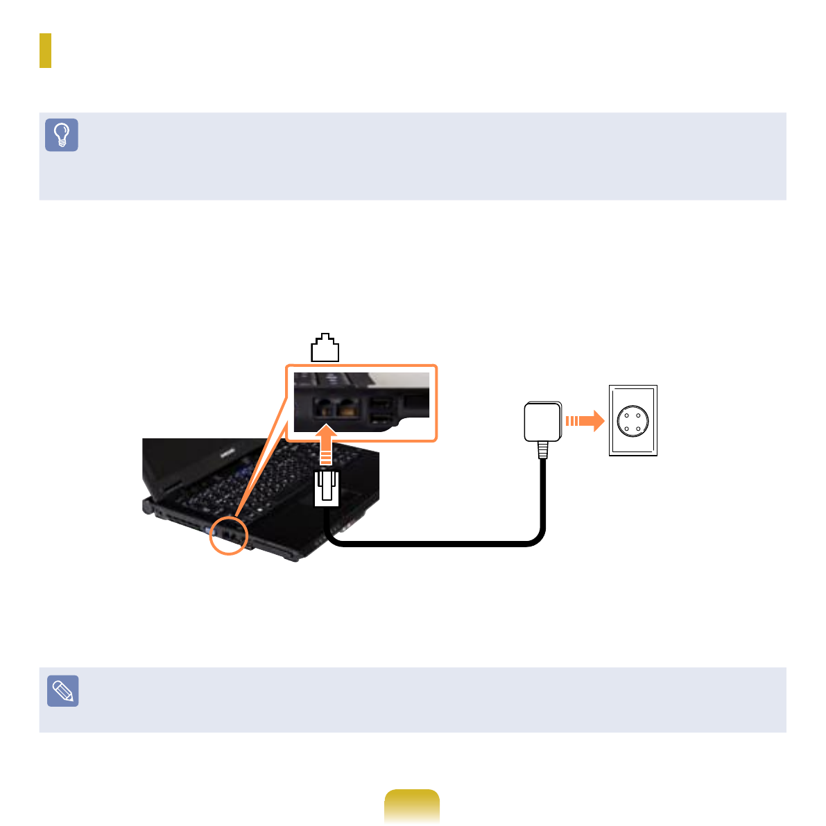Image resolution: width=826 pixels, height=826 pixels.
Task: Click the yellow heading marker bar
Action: [x=45, y=51]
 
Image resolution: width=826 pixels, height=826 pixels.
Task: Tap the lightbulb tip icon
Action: [x=62, y=135]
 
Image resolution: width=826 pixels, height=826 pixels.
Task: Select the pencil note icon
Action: [x=62, y=691]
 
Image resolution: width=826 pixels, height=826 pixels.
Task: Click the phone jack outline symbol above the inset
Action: [x=325, y=348]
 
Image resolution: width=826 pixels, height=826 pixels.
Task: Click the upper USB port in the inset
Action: [x=379, y=403]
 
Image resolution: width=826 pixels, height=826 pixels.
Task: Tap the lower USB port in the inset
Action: [x=379, y=418]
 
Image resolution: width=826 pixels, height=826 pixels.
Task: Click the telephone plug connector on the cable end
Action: [x=327, y=488]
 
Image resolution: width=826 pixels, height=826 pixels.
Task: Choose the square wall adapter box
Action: [x=543, y=422]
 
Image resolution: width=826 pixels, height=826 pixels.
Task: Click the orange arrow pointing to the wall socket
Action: [x=582, y=421]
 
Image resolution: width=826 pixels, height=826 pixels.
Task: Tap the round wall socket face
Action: [x=632, y=421]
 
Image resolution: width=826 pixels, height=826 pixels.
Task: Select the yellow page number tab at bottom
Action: [x=412, y=806]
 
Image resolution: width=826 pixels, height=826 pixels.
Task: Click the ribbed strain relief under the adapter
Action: [x=543, y=450]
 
